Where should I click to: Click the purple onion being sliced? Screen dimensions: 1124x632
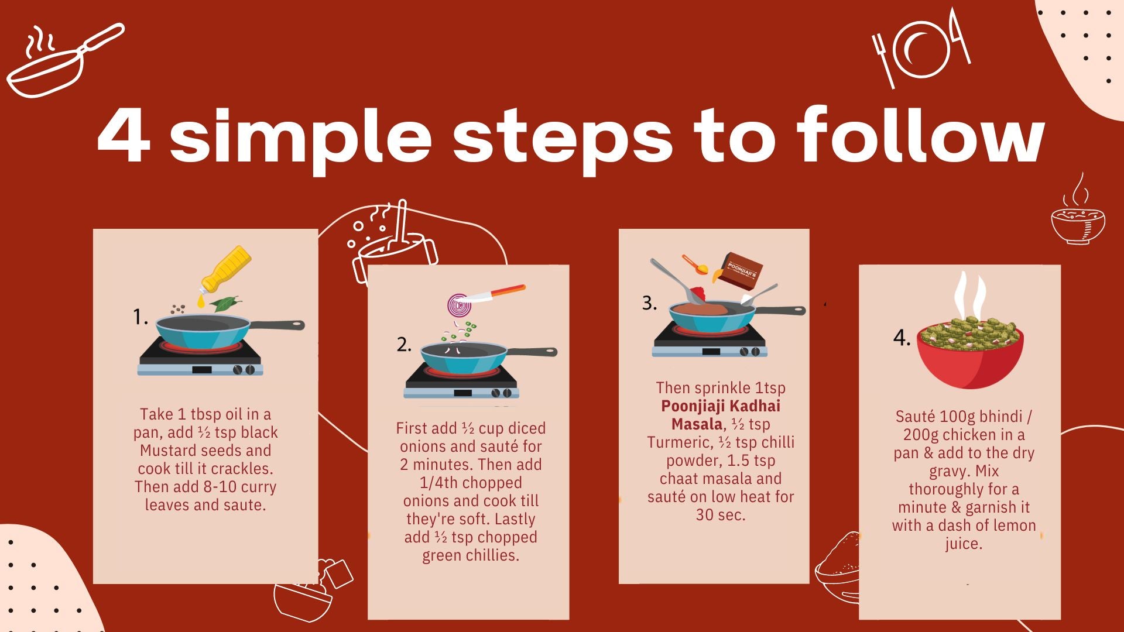[459, 305]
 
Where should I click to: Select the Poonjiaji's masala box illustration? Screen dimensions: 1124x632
[741, 270]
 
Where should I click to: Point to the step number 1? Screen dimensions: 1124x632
[140, 317]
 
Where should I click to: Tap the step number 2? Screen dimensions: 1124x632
[404, 344]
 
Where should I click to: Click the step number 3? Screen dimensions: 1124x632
[649, 303]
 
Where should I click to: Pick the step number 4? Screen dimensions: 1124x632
[902, 338]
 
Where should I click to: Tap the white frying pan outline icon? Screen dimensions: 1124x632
[64, 60]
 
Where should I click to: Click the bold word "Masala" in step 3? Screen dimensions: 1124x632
[697, 424]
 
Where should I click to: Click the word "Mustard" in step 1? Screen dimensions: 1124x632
[169, 451]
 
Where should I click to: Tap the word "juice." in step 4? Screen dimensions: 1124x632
[964, 544]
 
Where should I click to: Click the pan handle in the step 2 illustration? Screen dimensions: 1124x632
[532, 352]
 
